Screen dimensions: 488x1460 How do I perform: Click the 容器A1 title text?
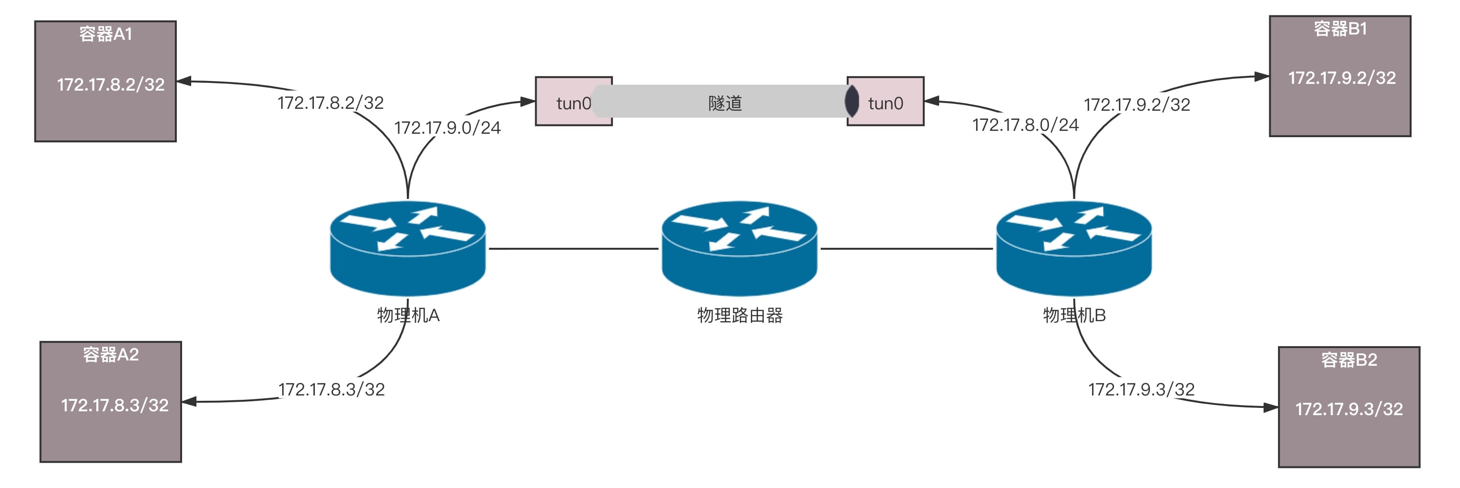coord(105,35)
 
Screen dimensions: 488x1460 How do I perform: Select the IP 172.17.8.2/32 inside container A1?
coord(111,84)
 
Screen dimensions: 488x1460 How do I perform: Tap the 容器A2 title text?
coord(111,355)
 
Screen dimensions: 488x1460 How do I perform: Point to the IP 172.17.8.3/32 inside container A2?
coord(115,405)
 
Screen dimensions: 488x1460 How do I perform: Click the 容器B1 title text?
coord(1340,29)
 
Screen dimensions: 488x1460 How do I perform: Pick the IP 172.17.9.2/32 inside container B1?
coord(1342,78)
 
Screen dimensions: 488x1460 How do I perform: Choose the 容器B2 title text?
coord(1349,360)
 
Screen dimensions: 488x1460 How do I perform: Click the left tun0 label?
coord(573,103)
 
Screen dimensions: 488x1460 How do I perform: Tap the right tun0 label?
coord(885,103)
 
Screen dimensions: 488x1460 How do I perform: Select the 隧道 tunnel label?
coord(725,103)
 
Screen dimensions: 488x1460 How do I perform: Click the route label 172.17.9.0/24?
coord(447,128)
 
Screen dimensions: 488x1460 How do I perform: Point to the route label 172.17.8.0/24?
coord(1025,125)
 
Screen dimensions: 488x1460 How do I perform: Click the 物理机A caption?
coord(408,315)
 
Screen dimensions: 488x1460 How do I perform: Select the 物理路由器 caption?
coord(740,315)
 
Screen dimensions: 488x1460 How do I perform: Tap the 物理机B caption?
coord(1074,315)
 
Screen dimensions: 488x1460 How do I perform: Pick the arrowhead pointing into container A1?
coord(184,81)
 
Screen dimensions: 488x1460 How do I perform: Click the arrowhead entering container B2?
coord(1271,407)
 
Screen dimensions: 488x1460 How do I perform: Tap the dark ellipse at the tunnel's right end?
coord(851,102)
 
